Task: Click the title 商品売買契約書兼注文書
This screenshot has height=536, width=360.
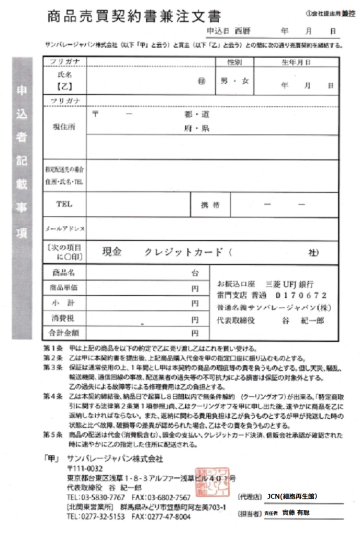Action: (134, 17)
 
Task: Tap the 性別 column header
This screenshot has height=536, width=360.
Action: (234, 62)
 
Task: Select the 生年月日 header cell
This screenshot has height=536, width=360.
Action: (296, 62)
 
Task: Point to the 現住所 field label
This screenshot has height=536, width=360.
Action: (64, 127)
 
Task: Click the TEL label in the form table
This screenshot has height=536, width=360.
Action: (64, 204)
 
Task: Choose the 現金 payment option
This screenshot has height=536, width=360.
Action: (112, 252)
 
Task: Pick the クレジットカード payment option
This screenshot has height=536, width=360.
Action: (184, 252)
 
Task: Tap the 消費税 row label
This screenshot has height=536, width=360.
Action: (64, 318)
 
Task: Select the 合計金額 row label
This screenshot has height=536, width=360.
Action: (64, 332)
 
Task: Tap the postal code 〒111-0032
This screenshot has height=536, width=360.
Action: (85, 468)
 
